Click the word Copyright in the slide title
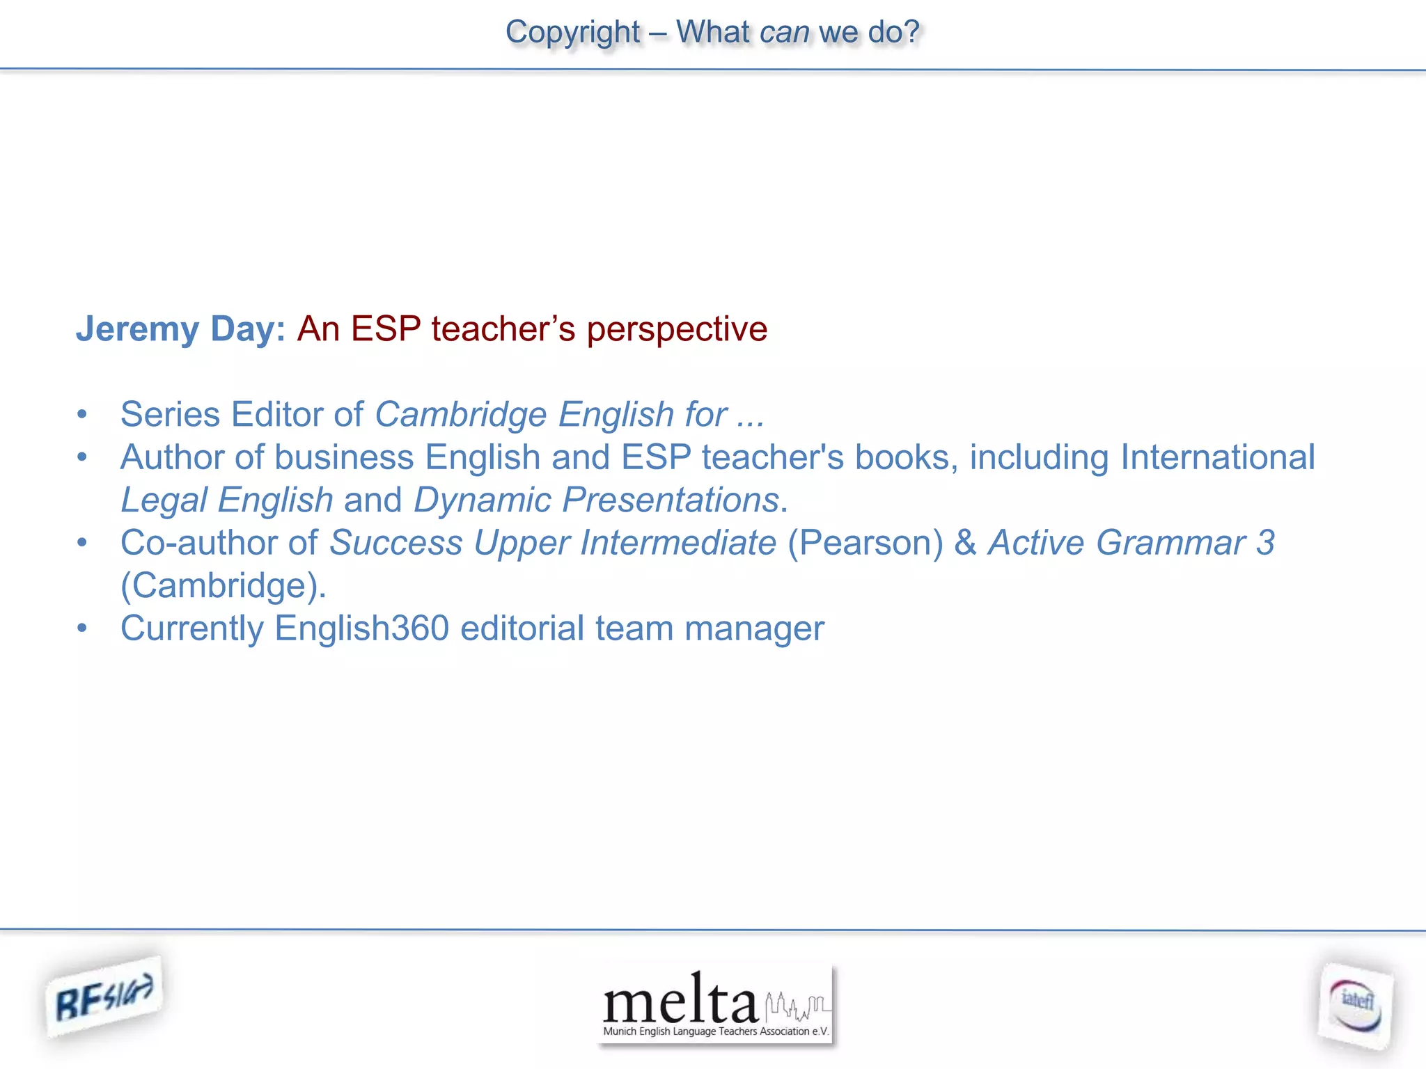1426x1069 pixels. click(x=572, y=32)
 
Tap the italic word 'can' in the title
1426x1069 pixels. click(x=784, y=32)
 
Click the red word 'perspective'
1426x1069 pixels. click(x=677, y=328)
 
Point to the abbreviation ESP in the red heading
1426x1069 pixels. click(x=386, y=328)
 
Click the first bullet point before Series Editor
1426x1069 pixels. click(x=82, y=415)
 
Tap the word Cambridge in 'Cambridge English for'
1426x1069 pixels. click(x=461, y=415)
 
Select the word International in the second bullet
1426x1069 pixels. click(x=1217, y=457)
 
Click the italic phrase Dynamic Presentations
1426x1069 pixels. click(x=596, y=500)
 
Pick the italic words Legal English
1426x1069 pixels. click(x=227, y=500)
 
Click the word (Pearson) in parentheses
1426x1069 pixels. click(x=865, y=543)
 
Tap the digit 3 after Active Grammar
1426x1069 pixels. click(x=1265, y=543)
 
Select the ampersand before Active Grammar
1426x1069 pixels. click(x=965, y=543)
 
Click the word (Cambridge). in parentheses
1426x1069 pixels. click(x=224, y=585)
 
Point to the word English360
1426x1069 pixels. click(x=361, y=628)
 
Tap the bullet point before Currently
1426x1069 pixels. click(x=82, y=628)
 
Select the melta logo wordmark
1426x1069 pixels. click(x=680, y=1001)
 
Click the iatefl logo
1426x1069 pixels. click(x=1355, y=1006)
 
